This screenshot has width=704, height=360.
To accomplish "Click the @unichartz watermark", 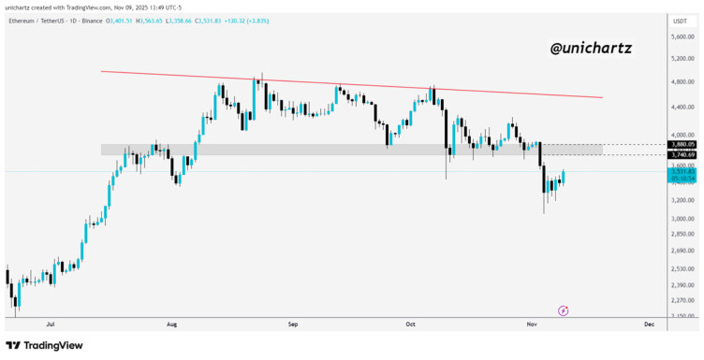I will pyautogui.click(x=591, y=49).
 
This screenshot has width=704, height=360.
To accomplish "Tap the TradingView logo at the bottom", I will pyautogui.click(x=44, y=345).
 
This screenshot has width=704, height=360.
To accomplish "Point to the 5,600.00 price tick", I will pyautogui.click(x=682, y=36).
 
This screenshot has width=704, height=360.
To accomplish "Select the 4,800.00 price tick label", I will pyautogui.click(x=682, y=82).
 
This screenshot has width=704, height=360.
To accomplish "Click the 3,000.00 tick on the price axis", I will pyautogui.click(x=682, y=219).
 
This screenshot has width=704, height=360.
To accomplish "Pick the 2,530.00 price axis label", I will pyautogui.click(x=682, y=269).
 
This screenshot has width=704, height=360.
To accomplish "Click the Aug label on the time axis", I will pyautogui.click(x=172, y=324).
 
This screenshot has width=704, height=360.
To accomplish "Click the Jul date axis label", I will pyautogui.click(x=50, y=324).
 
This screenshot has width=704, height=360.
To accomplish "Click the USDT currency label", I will pyautogui.click(x=680, y=22).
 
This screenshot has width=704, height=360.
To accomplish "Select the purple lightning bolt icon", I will pyautogui.click(x=563, y=311).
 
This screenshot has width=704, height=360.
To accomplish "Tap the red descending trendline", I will pyautogui.click(x=352, y=84).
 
